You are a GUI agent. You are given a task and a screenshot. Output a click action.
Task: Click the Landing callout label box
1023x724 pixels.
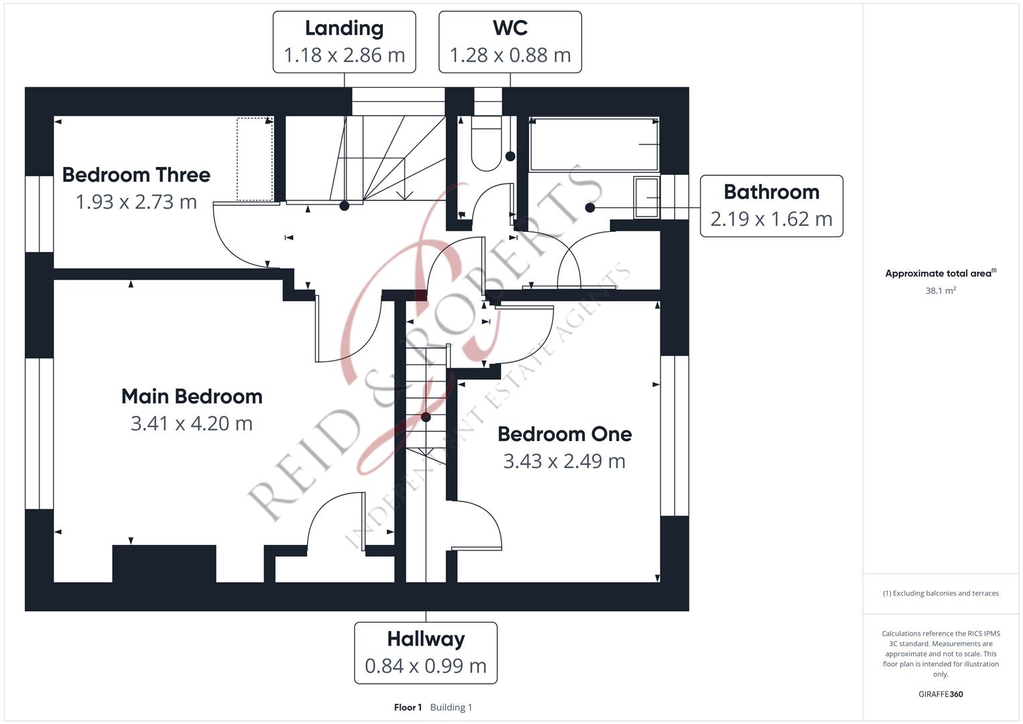[344, 42]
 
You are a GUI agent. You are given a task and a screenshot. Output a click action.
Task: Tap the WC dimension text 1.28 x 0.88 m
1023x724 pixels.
[510, 55]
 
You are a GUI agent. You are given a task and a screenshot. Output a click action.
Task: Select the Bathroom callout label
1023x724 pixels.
[771, 206]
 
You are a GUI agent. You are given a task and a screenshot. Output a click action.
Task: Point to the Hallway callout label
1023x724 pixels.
[425, 652]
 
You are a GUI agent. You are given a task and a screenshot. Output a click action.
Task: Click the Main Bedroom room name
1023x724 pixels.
[192, 396]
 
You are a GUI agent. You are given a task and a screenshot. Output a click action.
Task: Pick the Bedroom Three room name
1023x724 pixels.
[136, 175]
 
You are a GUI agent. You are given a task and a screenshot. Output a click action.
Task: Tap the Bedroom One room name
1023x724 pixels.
[564, 434]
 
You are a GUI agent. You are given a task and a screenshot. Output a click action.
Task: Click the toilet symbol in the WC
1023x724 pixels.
[486, 144]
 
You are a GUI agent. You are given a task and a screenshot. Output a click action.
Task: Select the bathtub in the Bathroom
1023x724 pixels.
[594, 144]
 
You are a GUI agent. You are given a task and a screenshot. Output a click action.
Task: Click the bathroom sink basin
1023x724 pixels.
[646, 197]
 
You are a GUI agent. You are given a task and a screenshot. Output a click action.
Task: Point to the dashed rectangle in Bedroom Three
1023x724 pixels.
[255, 160]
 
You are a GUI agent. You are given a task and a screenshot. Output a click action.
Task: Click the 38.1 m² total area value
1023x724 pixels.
[940, 291]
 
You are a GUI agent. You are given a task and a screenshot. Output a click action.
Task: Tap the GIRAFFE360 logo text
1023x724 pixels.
[940, 694]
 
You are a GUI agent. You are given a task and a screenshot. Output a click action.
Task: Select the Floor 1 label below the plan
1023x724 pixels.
[407, 707]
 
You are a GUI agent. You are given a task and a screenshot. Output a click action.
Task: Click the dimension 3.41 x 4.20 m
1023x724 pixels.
[192, 424]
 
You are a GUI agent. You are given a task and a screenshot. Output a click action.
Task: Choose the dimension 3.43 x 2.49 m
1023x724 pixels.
[564, 461]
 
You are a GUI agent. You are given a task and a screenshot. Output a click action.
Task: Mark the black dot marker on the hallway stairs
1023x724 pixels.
[425, 417]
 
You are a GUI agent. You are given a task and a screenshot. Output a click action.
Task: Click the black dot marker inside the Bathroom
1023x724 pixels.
[590, 208]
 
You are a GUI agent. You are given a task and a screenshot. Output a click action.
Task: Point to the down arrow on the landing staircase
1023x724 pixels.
[404, 194]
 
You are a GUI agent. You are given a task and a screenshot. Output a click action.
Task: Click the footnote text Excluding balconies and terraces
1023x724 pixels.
[940, 593]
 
